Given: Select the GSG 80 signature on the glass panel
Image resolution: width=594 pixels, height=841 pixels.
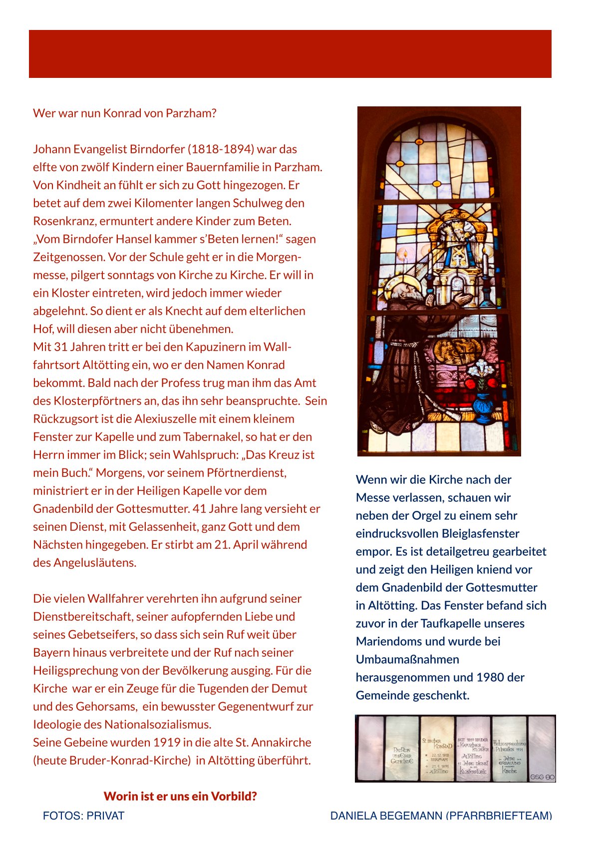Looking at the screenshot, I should click(x=542, y=777).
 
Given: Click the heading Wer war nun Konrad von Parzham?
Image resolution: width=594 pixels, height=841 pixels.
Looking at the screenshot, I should click(x=125, y=113).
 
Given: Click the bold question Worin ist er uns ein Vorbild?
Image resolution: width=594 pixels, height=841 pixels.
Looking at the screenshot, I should click(x=180, y=796).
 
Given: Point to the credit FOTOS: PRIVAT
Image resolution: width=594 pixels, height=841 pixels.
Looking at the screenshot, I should click(x=83, y=816).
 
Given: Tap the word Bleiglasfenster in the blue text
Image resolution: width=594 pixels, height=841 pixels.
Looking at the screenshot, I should click(x=480, y=533).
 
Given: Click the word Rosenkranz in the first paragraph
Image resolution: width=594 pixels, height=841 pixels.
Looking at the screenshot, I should click(x=64, y=221).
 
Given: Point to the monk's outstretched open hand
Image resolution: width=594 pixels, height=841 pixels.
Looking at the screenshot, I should click(x=462, y=299).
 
